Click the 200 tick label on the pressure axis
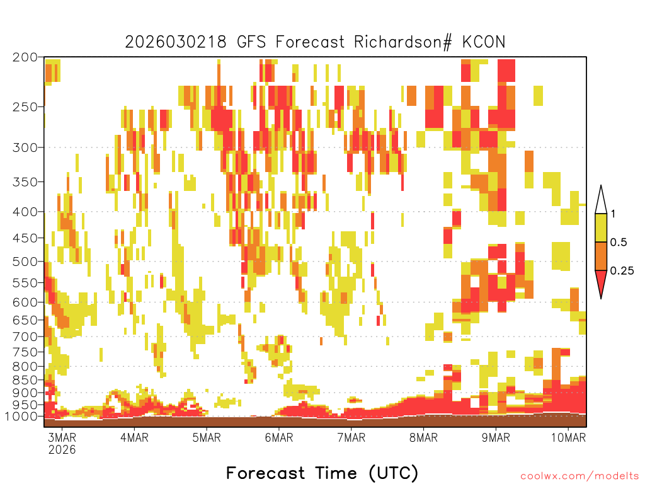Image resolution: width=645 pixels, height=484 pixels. coord(25,57)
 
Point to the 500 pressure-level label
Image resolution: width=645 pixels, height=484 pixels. coord(25,262)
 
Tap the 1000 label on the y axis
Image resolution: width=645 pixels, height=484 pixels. coord(21,417)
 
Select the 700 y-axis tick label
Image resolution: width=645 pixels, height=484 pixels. coord(25,337)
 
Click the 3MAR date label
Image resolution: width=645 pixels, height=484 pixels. coord(62,437)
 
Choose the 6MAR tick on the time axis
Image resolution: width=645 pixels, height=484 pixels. coord(279,437)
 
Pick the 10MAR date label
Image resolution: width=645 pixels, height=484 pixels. coord(569,437)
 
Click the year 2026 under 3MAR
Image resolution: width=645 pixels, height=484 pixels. coord(62,449)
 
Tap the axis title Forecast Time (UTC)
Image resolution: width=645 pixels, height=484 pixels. coord(322,473)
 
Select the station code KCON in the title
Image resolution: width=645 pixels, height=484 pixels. coord(483,42)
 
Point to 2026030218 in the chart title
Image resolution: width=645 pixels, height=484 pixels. coord(176,42)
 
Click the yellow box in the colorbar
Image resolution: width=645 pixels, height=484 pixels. coord(601,228)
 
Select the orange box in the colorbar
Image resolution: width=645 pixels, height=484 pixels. coord(601,256)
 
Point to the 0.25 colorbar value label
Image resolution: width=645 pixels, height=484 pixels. coord(622,271)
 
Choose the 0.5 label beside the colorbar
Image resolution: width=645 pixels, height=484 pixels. coord(619,242)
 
